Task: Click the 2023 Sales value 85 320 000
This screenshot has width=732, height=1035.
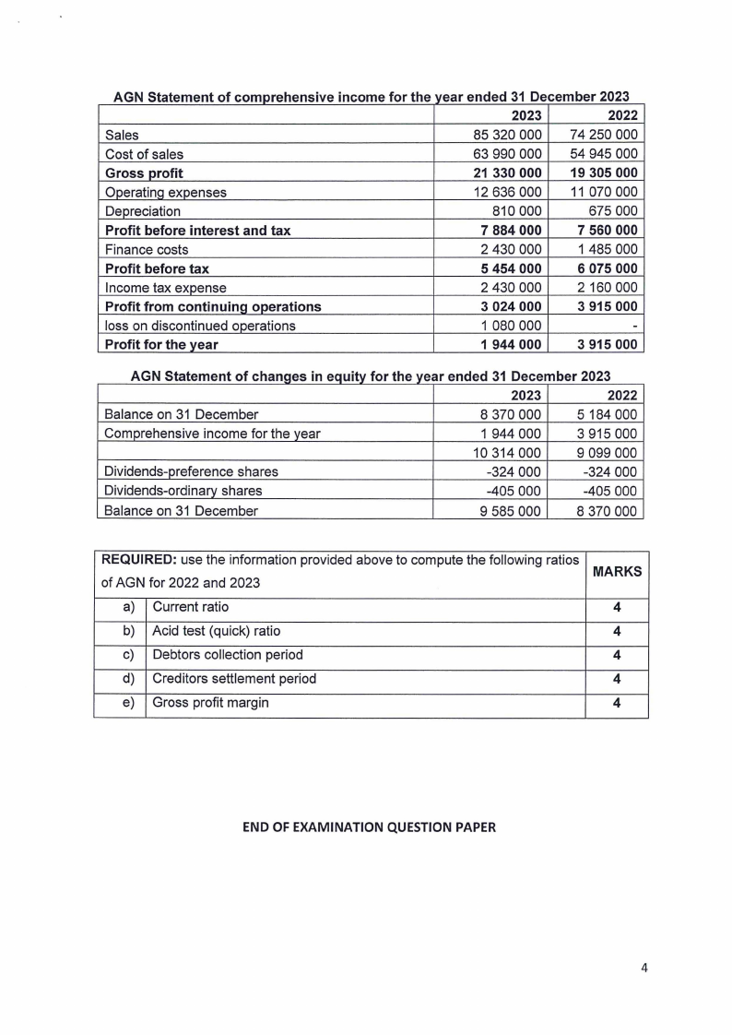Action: pos(508,135)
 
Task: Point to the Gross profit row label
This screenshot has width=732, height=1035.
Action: pos(144,173)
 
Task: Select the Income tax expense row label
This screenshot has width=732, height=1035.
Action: pos(165,288)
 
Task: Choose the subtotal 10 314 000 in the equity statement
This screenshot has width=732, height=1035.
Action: pos(508,452)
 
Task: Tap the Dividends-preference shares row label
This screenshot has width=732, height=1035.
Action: pos(191,471)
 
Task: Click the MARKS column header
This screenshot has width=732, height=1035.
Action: pos(617,572)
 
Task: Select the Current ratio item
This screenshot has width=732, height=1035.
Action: pos(190,607)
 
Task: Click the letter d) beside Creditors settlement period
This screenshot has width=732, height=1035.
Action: pos(128,678)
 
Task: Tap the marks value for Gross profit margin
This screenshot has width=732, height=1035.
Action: pos(616,702)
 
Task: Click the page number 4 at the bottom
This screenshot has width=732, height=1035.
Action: pos(644,968)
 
